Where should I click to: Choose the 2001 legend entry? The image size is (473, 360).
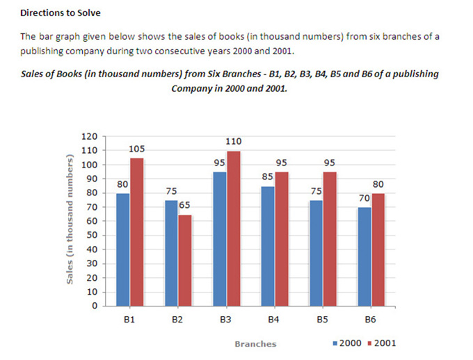point(384,343)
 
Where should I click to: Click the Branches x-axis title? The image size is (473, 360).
point(255,343)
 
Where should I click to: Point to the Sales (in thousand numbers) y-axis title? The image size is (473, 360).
point(70,220)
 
